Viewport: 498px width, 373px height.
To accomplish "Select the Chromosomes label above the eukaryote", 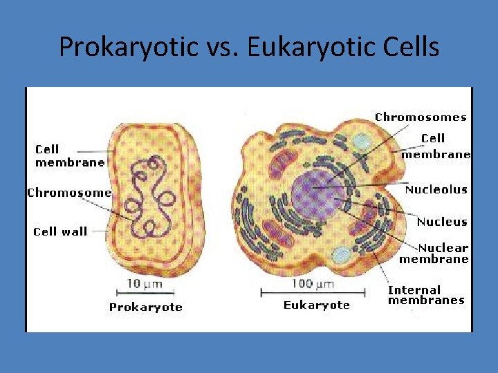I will click(x=421, y=117).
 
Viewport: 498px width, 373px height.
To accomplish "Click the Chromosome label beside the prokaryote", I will click(x=68, y=193).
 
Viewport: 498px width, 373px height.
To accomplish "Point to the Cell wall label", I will click(x=60, y=231).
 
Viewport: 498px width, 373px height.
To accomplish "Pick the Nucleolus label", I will click(x=436, y=189).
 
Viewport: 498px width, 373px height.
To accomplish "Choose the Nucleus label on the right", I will click(x=441, y=222).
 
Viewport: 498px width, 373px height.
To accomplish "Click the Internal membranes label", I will click(x=425, y=295).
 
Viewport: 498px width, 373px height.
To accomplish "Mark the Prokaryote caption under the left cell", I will click(x=145, y=307).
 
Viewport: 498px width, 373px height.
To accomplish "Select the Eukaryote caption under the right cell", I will click(x=316, y=305).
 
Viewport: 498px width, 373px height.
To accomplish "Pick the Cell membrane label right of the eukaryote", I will click(x=436, y=146).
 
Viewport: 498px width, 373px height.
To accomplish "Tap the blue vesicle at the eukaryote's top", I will click(x=360, y=142).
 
